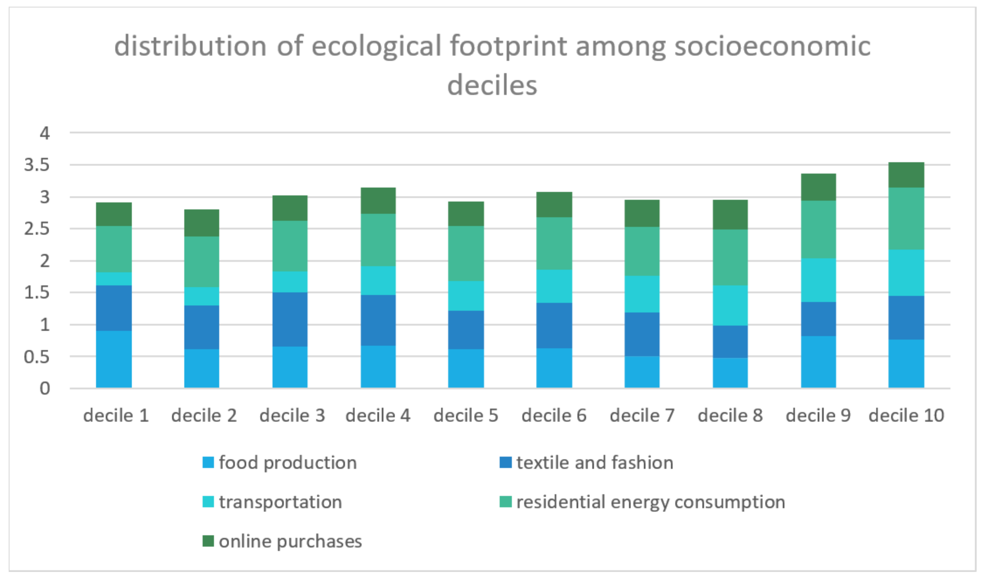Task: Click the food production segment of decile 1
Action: click(114, 359)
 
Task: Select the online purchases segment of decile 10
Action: click(906, 175)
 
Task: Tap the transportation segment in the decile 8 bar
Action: click(730, 305)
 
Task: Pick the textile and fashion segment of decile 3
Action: click(290, 319)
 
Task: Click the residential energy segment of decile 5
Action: click(466, 254)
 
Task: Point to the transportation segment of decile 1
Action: click(114, 279)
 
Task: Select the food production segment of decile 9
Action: click(819, 362)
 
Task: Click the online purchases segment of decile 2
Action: click(201, 223)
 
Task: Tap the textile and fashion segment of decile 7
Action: click(642, 334)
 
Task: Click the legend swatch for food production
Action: click(208, 462)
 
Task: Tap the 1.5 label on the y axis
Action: click(37, 292)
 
